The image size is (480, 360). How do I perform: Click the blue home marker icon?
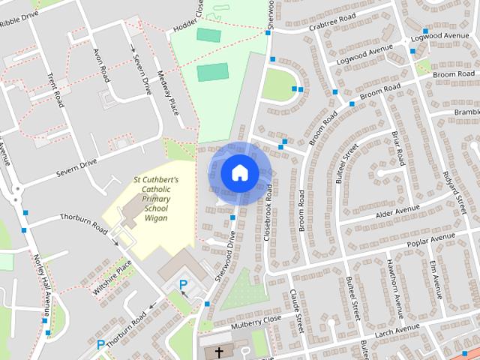[238, 172]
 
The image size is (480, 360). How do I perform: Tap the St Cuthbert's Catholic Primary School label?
[155, 199]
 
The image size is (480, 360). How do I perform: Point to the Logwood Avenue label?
[366, 55]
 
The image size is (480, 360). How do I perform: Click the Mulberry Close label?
[256, 319]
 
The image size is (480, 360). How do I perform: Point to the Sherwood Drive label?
[226, 255]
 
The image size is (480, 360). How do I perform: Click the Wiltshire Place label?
[111, 276]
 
